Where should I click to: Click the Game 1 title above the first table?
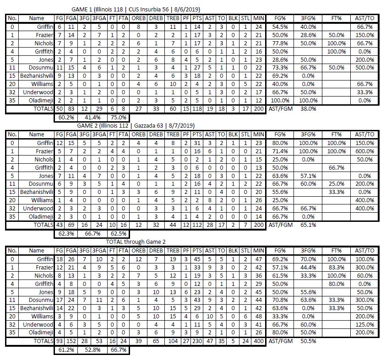tap(136, 10)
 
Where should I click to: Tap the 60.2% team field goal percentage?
tap(64, 118)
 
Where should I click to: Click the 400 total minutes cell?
tap(258, 341)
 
